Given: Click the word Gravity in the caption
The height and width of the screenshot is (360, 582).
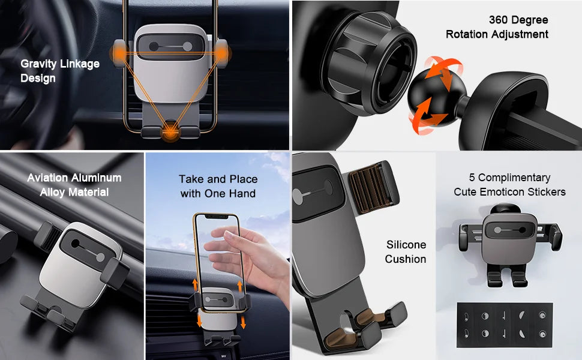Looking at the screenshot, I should coord(38,64).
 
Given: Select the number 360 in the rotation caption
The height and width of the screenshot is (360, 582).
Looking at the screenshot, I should coord(499,20).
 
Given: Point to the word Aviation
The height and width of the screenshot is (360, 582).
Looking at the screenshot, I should coord(48,178).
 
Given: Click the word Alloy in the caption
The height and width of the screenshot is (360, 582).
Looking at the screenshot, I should coord(52,193).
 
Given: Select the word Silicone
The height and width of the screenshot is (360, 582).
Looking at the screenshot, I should coord(406,245).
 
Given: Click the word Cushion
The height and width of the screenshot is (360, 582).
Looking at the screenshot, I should coord(406,259).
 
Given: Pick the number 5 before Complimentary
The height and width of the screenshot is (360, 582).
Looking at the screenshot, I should coord(472,178).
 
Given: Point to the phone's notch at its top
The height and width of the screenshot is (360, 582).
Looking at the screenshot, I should coord(217,216).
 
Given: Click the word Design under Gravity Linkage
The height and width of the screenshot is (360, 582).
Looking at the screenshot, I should coord(38,79).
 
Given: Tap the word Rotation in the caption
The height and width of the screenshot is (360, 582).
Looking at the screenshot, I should coord(467,34).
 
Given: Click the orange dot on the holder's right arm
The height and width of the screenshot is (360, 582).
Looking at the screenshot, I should coord(223,53).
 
